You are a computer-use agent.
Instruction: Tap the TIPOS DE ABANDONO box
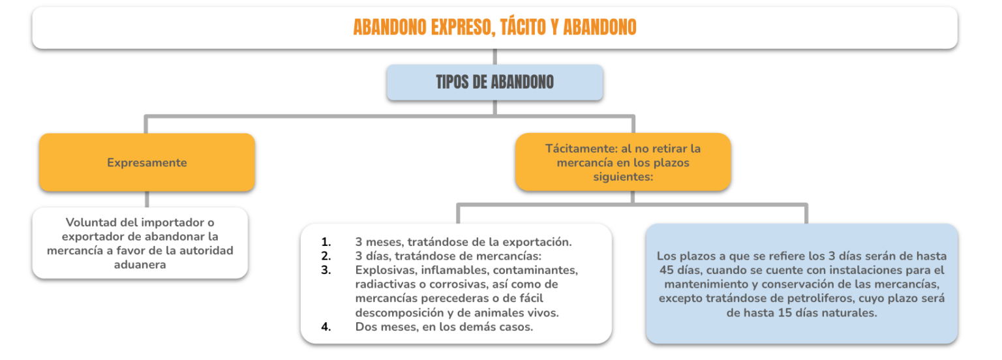494,82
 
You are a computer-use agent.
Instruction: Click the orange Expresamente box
147,162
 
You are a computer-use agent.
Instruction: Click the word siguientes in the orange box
621,177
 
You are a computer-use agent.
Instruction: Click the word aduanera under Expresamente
140,265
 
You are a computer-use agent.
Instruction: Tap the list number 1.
326,242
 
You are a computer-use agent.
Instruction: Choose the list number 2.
326,256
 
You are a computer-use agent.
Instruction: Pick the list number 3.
326,270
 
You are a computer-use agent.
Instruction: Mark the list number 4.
326,327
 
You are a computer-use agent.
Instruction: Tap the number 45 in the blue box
666,270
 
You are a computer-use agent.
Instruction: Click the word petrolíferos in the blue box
819,298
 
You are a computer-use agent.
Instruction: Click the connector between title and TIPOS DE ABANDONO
494,57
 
